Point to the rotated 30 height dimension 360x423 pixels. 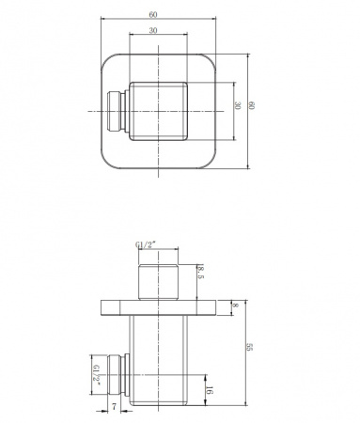(239, 106)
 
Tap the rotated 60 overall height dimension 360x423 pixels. (253, 106)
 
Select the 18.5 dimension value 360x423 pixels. (200, 274)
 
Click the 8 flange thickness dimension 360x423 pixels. (237, 306)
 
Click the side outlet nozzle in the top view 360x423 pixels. (117, 112)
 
